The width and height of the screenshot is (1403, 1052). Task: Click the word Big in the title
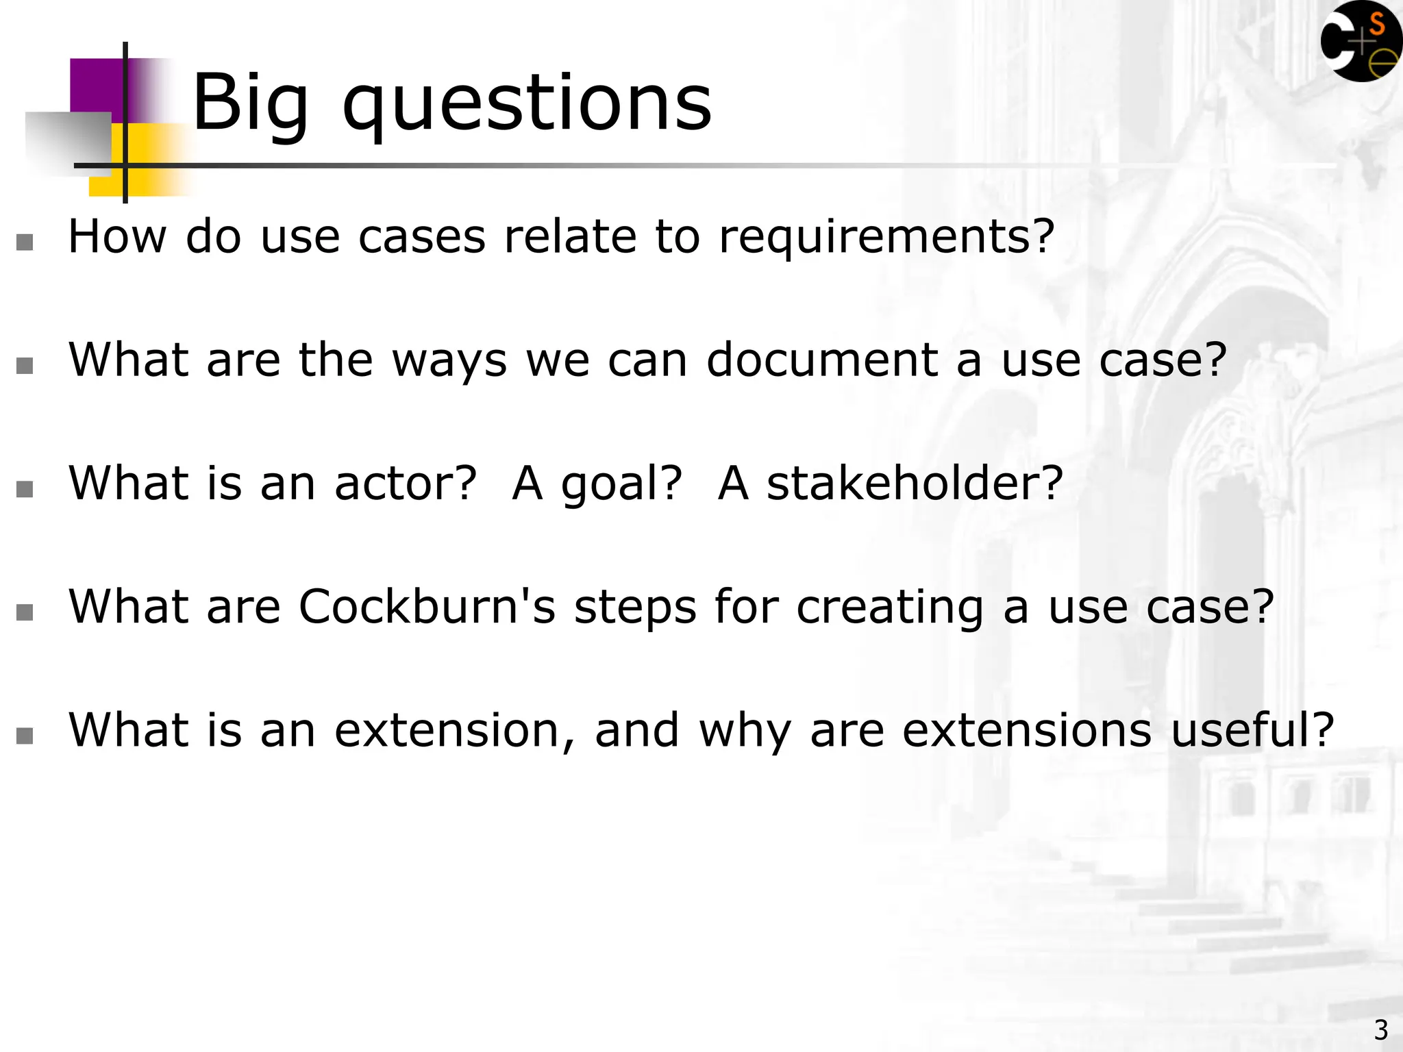click(x=250, y=104)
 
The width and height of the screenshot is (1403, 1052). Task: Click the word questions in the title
click(x=527, y=104)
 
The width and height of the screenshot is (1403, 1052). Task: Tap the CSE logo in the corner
click(x=1361, y=42)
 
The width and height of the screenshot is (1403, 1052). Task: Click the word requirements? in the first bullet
click(x=886, y=237)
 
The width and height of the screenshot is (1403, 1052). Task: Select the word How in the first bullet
click(x=117, y=237)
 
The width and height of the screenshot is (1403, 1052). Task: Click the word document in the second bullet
click(x=822, y=360)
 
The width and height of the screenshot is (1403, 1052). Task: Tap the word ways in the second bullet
click(x=449, y=360)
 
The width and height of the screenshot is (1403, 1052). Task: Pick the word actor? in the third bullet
click(x=405, y=484)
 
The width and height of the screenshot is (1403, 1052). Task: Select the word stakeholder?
click(x=915, y=484)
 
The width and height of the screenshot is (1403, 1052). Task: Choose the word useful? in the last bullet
click(x=1252, y=730)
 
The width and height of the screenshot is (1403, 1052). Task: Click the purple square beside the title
click(x=96, y=86)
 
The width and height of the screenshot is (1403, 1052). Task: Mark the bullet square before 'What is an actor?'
click(x=25, y=489)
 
